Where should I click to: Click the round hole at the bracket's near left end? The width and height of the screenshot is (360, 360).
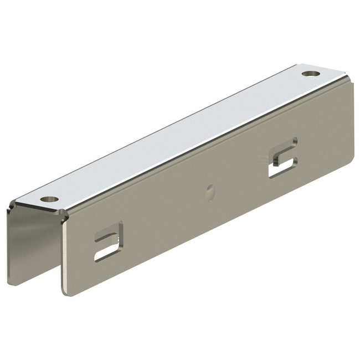click(50, 198)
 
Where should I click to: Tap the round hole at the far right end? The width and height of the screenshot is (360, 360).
click(308, 73)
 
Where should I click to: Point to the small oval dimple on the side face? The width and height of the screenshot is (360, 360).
click(210, 191)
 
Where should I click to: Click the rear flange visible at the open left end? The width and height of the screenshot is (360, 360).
click(22, 244)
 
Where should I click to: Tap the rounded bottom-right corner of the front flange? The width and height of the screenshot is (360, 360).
click(349, 161)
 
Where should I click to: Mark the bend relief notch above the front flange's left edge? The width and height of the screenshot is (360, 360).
click(65, 218)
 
